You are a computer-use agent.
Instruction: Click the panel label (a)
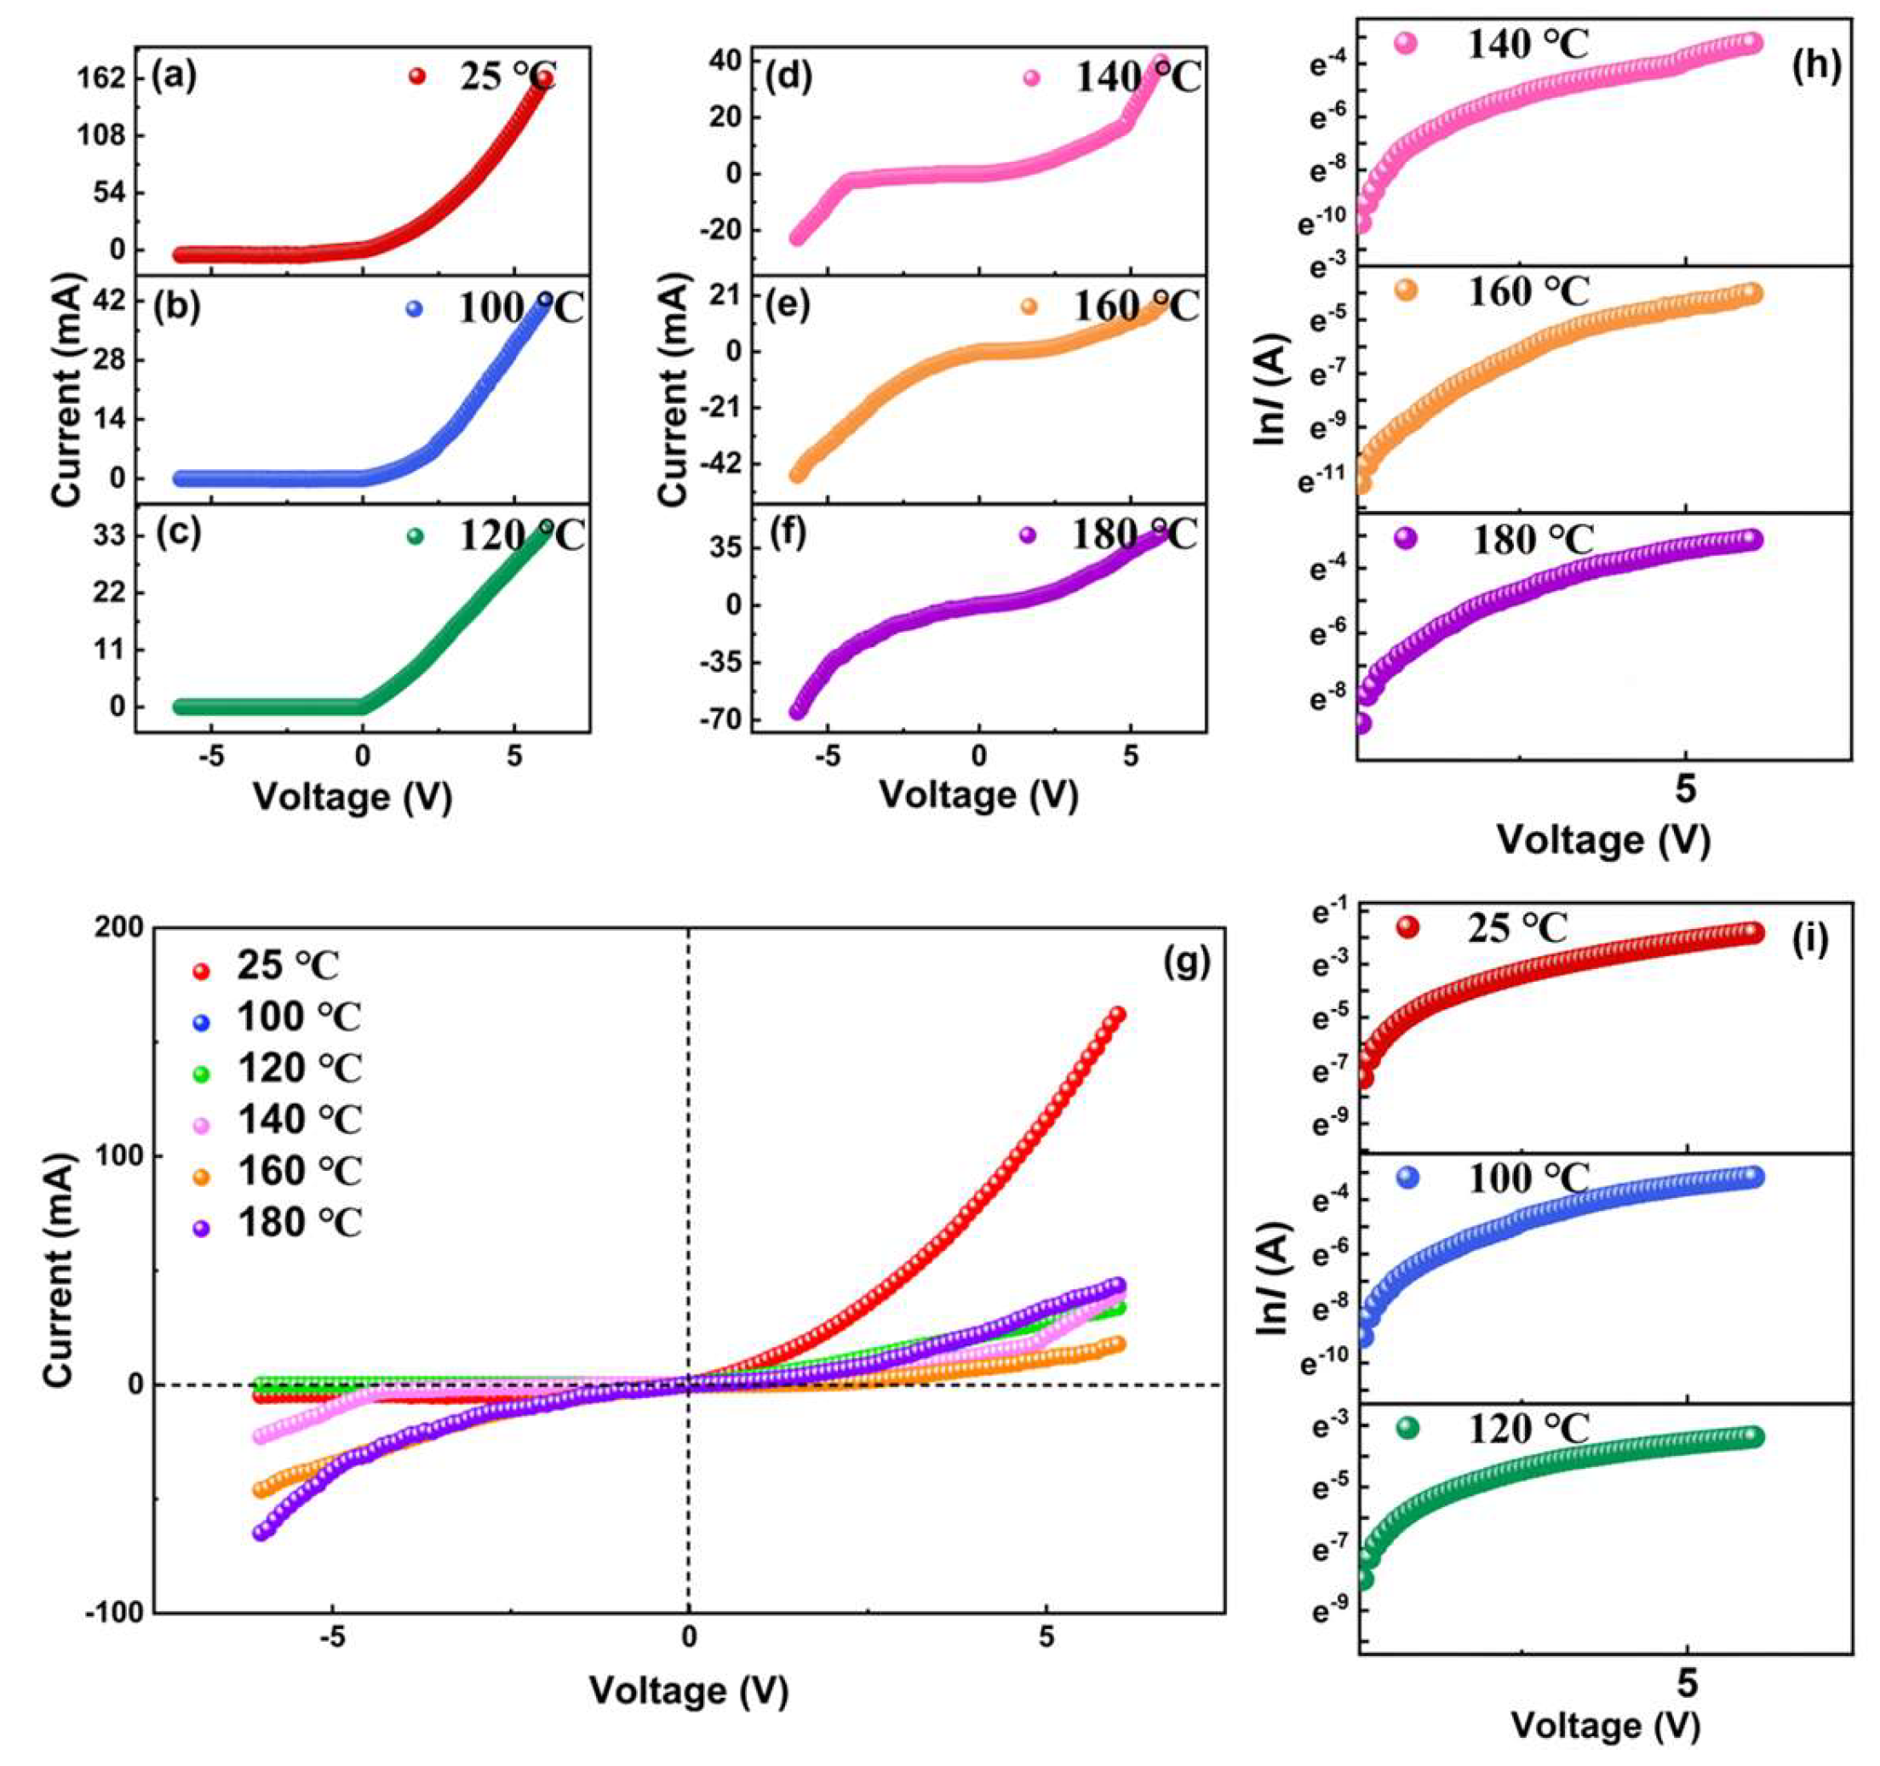coord(175,77)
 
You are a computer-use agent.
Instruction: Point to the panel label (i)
coord(1810,938)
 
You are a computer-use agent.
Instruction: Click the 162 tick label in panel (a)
coord(99,78)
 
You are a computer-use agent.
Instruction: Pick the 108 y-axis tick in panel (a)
coord(99,135)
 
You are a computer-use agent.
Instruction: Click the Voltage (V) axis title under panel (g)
coord(689,1690)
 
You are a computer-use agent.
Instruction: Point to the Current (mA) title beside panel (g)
coord(59,1271)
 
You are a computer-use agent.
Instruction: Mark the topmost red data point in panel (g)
coord(1117,1014)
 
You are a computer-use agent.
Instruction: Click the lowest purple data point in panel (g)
coord(261,1533)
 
